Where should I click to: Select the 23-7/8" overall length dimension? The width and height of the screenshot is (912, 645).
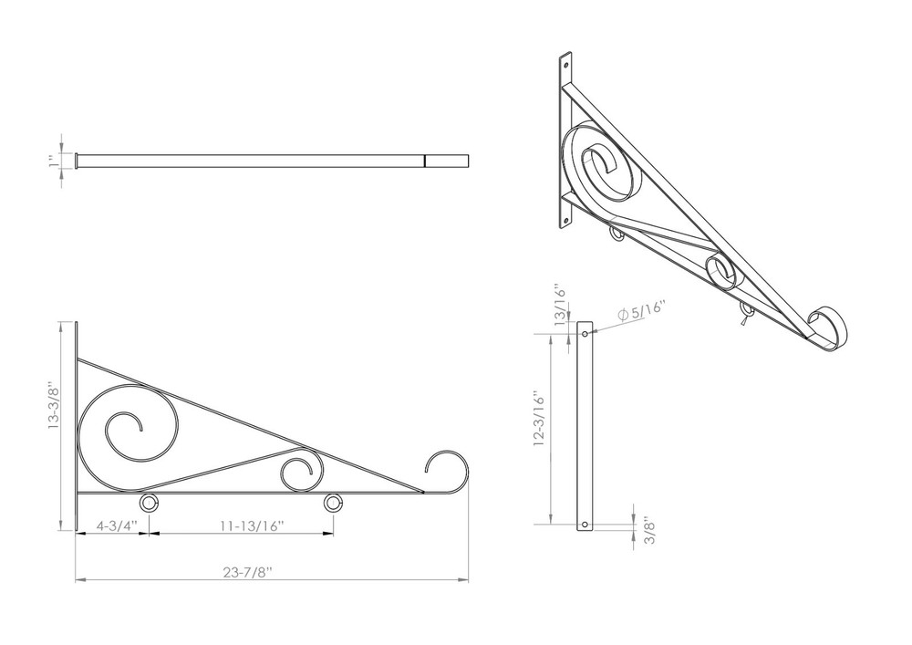click(248, 572)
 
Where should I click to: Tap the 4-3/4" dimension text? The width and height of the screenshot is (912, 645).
click(116, 525)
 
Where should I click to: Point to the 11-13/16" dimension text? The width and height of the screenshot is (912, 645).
click(253, 525)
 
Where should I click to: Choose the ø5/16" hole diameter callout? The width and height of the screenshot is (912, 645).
click(637, 311)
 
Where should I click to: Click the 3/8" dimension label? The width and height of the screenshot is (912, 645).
click(648, 531)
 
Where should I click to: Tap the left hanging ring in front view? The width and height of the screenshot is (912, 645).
click(149, 504)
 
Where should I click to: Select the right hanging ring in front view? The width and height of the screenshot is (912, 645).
click(334, 504)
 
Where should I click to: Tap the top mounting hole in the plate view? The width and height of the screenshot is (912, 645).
click(585, 334)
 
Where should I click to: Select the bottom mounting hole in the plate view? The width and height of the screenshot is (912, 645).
click(585, 525)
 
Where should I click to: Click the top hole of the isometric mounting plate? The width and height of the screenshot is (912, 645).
click(565, 67)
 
